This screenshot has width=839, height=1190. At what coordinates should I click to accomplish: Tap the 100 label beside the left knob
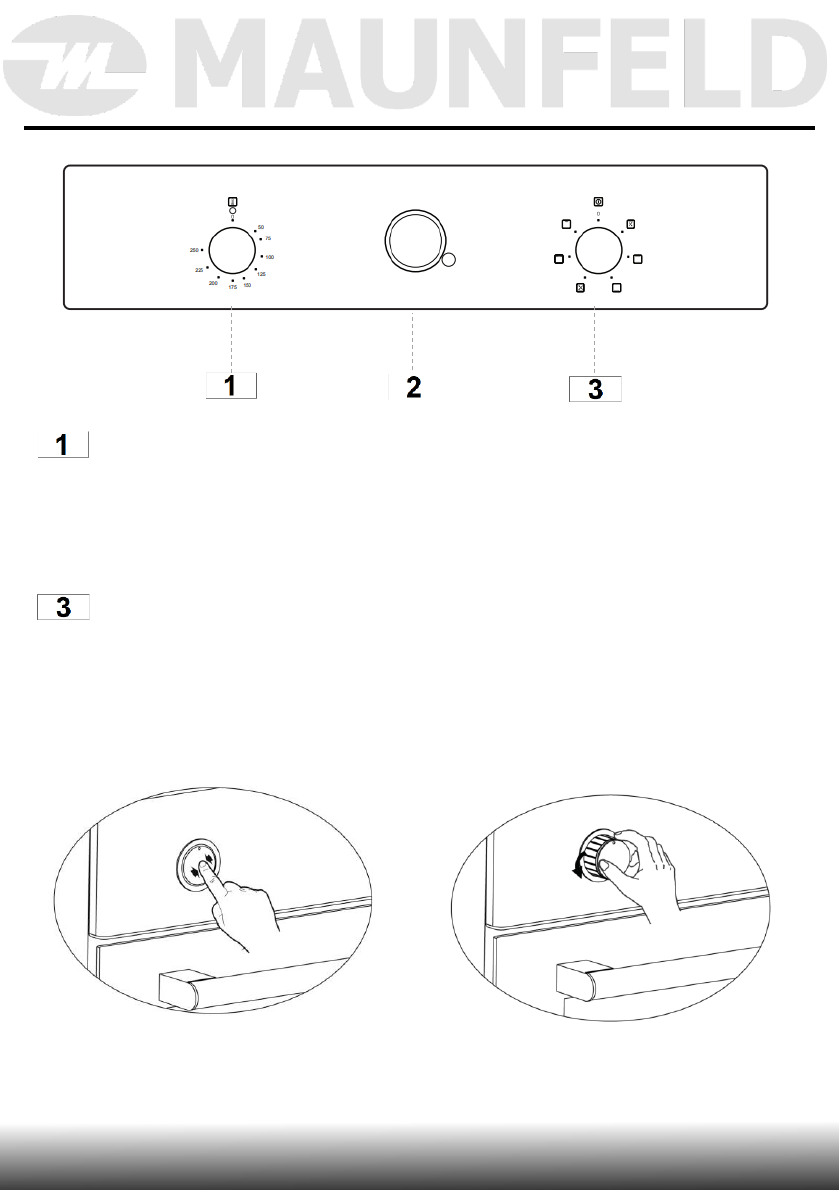click(269, 258)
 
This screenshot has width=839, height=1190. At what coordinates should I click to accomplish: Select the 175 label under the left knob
click(232, 288)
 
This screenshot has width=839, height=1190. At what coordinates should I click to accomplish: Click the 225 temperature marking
click(199, 270)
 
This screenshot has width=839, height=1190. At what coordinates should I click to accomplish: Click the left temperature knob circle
click(232, 249)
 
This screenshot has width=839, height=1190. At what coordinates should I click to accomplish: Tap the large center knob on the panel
click(412, 241)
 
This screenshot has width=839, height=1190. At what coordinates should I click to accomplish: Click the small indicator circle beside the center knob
click(448, 261)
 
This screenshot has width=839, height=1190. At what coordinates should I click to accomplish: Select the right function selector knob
click(597, 249)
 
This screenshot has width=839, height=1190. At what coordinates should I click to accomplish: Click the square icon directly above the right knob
click(597, 201)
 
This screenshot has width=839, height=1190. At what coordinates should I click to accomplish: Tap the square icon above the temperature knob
click(232, 201)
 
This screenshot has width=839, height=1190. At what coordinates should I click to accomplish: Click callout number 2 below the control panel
click(412, 388)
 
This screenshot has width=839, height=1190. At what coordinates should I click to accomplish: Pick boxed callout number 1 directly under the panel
click(231, 386)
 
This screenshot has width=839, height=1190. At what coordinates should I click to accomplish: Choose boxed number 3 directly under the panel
click(595, 389)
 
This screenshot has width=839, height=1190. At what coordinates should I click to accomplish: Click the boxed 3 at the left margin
click(64, 608)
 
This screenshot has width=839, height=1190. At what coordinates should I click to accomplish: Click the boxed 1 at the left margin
click(64, 445)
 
